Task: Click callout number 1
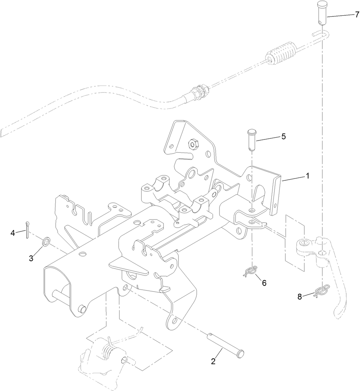pyautogui.click(x=307, y=176)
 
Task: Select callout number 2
pyautogui.click(x=213, y=361)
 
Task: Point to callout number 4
pyautogui.click(x=13, y=233)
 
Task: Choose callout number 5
pyautogui.click(x=283, y=137)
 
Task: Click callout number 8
pyautogui.click(x=300, y=297)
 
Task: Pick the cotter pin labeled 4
pyautogui.click(x=28, y=230)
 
